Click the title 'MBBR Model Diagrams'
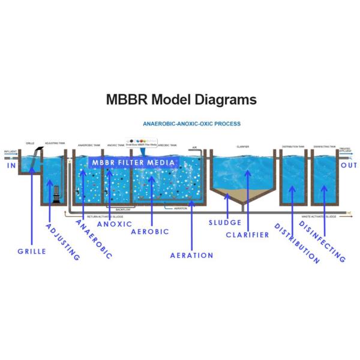181,100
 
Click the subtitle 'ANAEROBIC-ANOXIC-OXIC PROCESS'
191,124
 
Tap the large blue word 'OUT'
349,165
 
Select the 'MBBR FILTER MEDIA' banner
133,163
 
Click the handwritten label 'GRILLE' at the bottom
32,251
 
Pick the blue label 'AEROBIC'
149,232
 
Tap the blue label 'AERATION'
191,255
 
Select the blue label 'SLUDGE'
225,223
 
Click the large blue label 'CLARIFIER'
247,235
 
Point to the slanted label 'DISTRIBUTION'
296,243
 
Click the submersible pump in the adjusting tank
54,194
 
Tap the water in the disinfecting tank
325,180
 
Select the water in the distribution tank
292,180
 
